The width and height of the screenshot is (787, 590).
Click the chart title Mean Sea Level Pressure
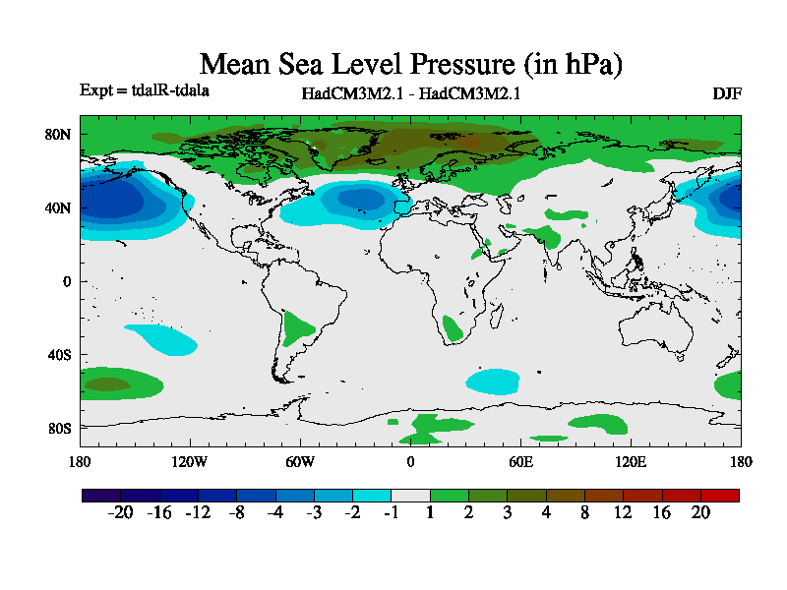[x=411, y=65]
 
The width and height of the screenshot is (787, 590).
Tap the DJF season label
[x=726, y=94]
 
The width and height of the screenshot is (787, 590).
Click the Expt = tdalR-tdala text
[x=144, y=90]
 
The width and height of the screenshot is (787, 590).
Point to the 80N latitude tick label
[x=59, y=135]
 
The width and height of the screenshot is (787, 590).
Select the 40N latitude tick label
[x=59, y=208]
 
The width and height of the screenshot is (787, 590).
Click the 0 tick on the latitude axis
[x=68, y=281]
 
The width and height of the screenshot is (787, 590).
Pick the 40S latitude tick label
[x=59, y=355]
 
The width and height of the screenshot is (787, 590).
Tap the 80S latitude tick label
[x=59, y=429]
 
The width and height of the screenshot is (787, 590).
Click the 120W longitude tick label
[x=189, y=461]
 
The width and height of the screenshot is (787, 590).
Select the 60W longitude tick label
[x=300, y=461]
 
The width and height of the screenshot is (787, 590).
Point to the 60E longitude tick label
[x=520, y=461]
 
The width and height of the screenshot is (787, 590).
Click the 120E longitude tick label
[x=631, y=461]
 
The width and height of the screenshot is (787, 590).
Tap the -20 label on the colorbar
[x=119, y=513]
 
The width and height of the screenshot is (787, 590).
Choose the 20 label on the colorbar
[x=700, y=513]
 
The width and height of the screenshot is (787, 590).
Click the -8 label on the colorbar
[x=235, y=513]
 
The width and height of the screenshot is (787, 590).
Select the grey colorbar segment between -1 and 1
[x=410, y=496]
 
